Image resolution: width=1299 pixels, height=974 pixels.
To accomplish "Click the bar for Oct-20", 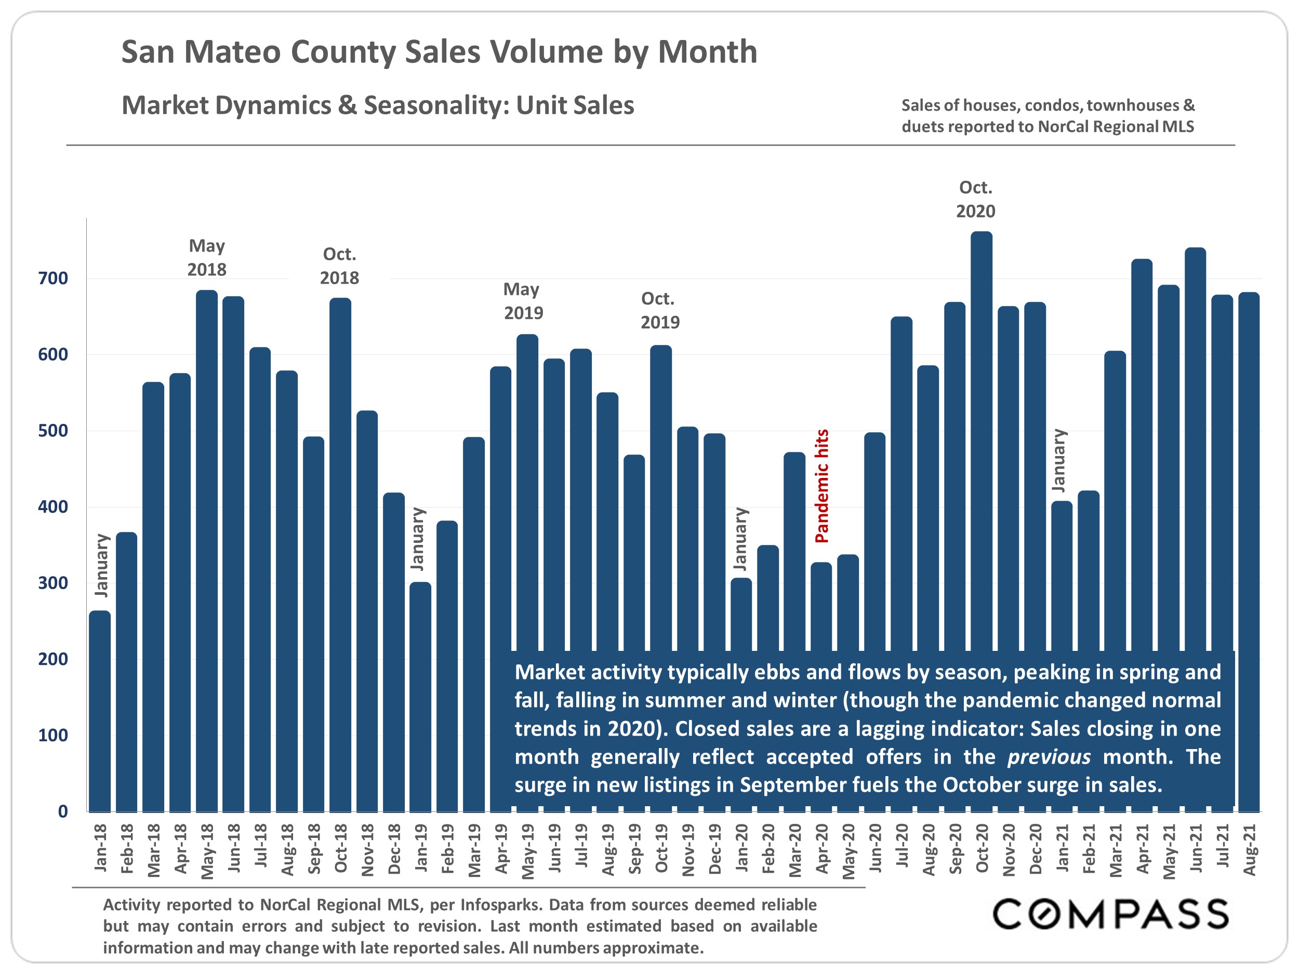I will [982, 441].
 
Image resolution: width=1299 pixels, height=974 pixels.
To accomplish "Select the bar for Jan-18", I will [100, 711].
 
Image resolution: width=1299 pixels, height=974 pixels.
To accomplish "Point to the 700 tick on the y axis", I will [53, 278].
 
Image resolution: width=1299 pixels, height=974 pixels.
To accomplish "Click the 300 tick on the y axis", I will [53, 583].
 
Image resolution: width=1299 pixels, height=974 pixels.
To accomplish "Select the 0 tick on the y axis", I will [62, 811].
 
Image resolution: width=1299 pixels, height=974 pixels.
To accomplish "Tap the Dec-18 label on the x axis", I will [394, 849].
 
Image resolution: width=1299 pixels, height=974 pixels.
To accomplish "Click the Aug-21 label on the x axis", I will [1249, 849].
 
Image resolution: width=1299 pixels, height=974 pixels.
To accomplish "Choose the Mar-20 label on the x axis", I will [794, 849].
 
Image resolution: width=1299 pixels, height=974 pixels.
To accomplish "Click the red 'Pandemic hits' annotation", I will [821, 486].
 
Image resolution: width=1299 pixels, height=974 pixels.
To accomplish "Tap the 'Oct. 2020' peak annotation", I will [975, 199].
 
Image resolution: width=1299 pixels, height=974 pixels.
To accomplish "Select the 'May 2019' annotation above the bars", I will [523, 301].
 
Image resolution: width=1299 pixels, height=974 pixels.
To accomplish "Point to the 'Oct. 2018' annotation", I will [339, 266].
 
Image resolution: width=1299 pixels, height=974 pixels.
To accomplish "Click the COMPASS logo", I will [1110, 914].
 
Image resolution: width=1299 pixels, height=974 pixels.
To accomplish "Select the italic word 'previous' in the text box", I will [1048, 757].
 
